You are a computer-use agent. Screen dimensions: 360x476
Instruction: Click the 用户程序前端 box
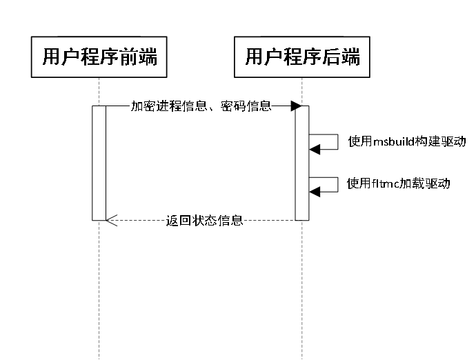pyautogui.click(x=99, y=57)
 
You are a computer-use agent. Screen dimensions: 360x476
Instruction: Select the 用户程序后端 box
pyautogui.click(x=302, y=57)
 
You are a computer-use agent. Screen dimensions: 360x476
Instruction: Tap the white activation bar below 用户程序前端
pyautogui.click(x=99, y=163)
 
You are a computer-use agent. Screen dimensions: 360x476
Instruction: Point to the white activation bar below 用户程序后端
pyautogui.click(x=302, y=163)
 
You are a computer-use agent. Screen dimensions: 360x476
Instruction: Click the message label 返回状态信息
pyautogui.click(x=204, y=221)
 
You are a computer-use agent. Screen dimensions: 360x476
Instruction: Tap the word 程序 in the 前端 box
pyautogui.click(x=99, y=57)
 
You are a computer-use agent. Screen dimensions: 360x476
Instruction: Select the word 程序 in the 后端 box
pyautogui.click(x=302, y=57)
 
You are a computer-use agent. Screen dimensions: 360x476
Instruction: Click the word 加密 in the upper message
pyautogui.click(x=143, y=106)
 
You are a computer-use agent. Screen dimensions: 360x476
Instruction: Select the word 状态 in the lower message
pyautogui.click(x=204, y=221)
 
